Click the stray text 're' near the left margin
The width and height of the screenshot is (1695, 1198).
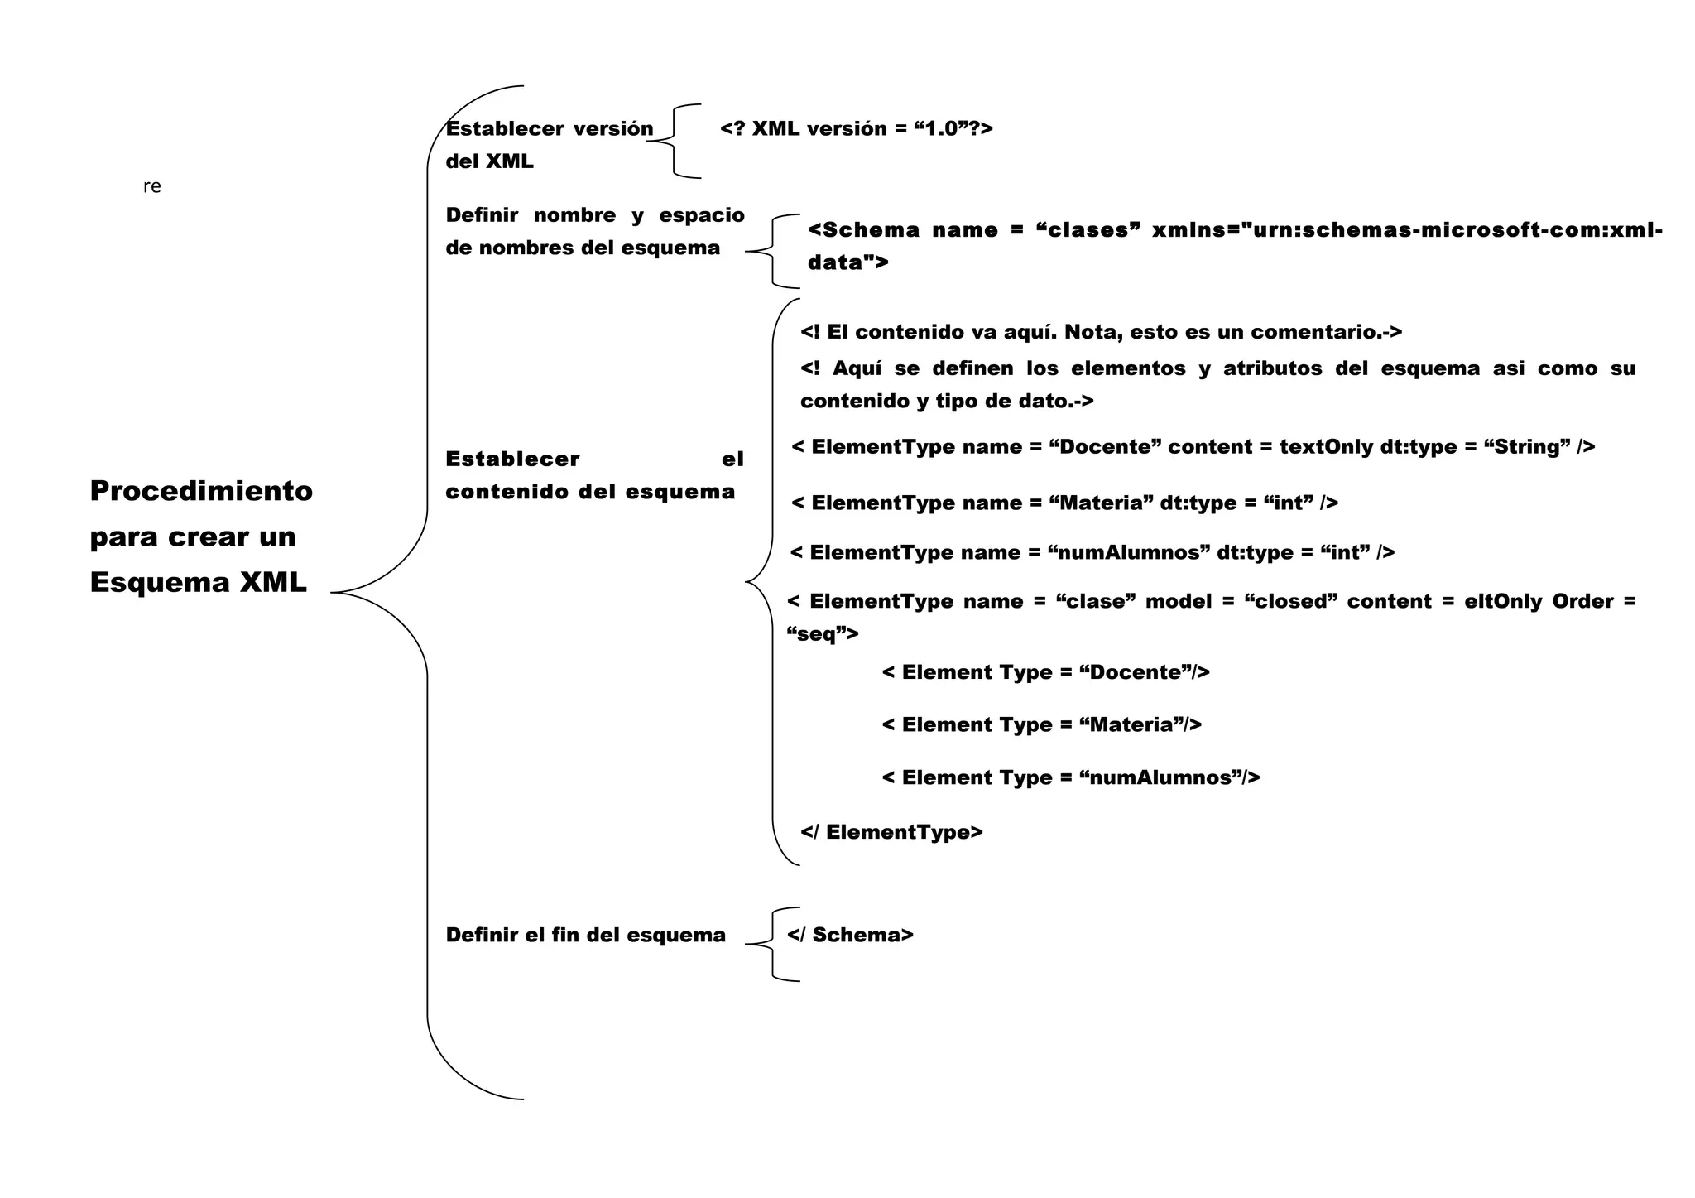pos(151,187)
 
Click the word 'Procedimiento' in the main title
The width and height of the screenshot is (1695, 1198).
pos(201,491)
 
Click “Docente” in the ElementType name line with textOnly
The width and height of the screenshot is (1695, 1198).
pos(1105,447)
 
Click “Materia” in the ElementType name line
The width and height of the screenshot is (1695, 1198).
pos(1101,503)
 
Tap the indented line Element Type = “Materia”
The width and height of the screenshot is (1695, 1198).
pos(1041,725)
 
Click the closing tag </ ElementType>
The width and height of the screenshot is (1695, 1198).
pos(891,832)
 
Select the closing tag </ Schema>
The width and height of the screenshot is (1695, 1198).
pos(850,935)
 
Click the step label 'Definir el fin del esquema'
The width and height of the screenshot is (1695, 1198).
pos(585,935)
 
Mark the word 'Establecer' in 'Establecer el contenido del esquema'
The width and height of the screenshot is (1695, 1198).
pos(512,459)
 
